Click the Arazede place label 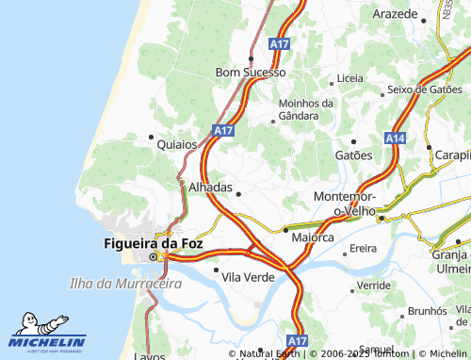click(x=395, y=15)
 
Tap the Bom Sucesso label click(x=250, y=72)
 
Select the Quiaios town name click(x=177, y=144)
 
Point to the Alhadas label click(x=210, y=188)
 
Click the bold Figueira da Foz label click(x=152, y=243)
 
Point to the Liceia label click(x=349, y=78)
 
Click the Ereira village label click(x=363, y=250)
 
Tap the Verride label click(x=374, y=285)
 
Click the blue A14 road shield click(x=396, y=138)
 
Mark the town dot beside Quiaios click(x=151, y=137)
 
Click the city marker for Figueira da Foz click(x=150, y=256)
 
